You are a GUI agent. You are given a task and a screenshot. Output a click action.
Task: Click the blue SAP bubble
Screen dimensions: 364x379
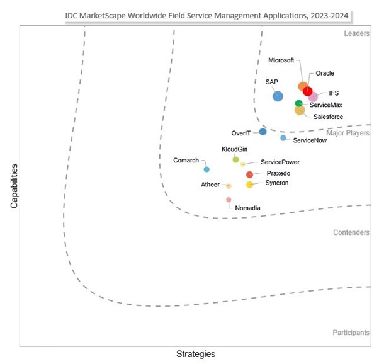[278, 96]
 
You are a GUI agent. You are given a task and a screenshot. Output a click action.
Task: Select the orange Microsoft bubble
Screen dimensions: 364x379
[303, 87]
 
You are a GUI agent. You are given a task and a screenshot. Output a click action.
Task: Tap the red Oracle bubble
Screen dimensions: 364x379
[308, 91]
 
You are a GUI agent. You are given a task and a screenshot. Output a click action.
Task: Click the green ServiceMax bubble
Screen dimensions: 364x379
[299, 103]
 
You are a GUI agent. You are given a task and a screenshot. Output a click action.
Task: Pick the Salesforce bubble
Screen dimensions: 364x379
[300, 110]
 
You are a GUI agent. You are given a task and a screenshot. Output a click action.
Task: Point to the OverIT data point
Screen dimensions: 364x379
[263, 132]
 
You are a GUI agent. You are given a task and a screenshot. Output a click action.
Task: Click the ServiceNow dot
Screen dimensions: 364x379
[283, 138]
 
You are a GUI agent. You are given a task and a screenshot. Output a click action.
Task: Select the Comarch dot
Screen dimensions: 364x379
[206, 169]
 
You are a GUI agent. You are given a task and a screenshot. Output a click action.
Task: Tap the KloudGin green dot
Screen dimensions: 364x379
[236, 159]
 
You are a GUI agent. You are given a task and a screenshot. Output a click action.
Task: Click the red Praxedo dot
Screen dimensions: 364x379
[250, 174]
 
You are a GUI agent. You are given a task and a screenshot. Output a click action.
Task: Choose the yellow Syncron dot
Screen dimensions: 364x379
[249, 185]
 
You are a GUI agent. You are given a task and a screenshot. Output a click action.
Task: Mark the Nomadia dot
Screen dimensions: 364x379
[229, 200]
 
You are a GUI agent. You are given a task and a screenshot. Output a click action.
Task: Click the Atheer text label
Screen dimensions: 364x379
[210, 185]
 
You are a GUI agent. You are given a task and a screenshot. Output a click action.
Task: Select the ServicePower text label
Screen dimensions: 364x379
[271, 162]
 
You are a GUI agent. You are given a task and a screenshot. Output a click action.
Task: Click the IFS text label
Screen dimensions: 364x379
[334, 93]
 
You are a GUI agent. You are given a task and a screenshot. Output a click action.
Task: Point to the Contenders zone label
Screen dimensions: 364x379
[351, 232]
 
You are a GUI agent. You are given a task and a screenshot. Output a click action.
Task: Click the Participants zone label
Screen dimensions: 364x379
[351, 333]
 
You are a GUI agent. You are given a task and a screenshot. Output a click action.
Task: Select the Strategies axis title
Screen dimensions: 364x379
[195, 354]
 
